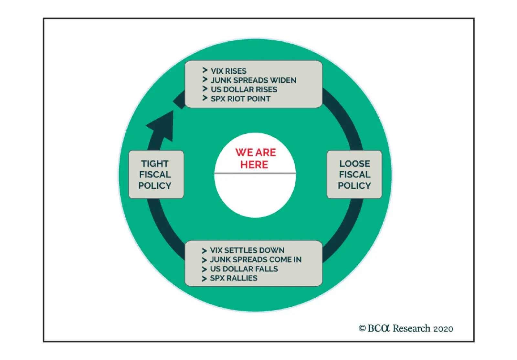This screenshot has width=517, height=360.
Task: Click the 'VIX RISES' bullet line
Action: pos(228,71)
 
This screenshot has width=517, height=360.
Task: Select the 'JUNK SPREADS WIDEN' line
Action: pos(253,80)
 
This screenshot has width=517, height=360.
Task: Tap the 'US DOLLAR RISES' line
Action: pos(244,90)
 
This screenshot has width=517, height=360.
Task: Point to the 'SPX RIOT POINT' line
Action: pos(240,99)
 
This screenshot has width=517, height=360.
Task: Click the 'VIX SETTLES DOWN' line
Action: pos(247,250)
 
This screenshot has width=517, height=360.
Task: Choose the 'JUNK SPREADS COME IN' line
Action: pos(256,259)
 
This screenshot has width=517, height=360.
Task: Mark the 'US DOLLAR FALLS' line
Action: pos(244,269)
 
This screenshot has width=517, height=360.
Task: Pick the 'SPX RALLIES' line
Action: pos(234,278)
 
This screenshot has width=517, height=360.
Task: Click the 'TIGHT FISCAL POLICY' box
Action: pos(156,175)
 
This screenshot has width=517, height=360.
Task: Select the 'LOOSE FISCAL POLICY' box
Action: pos(354,175)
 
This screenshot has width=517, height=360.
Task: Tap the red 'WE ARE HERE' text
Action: pos(255,158)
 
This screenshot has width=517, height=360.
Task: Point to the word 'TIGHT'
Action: pos(155,164)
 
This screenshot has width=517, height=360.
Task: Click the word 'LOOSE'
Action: pos(354,164)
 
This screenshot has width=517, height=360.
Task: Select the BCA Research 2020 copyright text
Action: pos(406,328)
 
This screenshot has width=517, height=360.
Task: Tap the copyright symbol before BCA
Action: pos(362,328)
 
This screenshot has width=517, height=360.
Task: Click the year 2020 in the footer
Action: pos(443,329)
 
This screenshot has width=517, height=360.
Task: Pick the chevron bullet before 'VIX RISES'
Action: pos(205,70)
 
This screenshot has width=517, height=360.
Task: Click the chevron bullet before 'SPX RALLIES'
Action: pos(204,279)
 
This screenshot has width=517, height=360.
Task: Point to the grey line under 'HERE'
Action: pos(255,174)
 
